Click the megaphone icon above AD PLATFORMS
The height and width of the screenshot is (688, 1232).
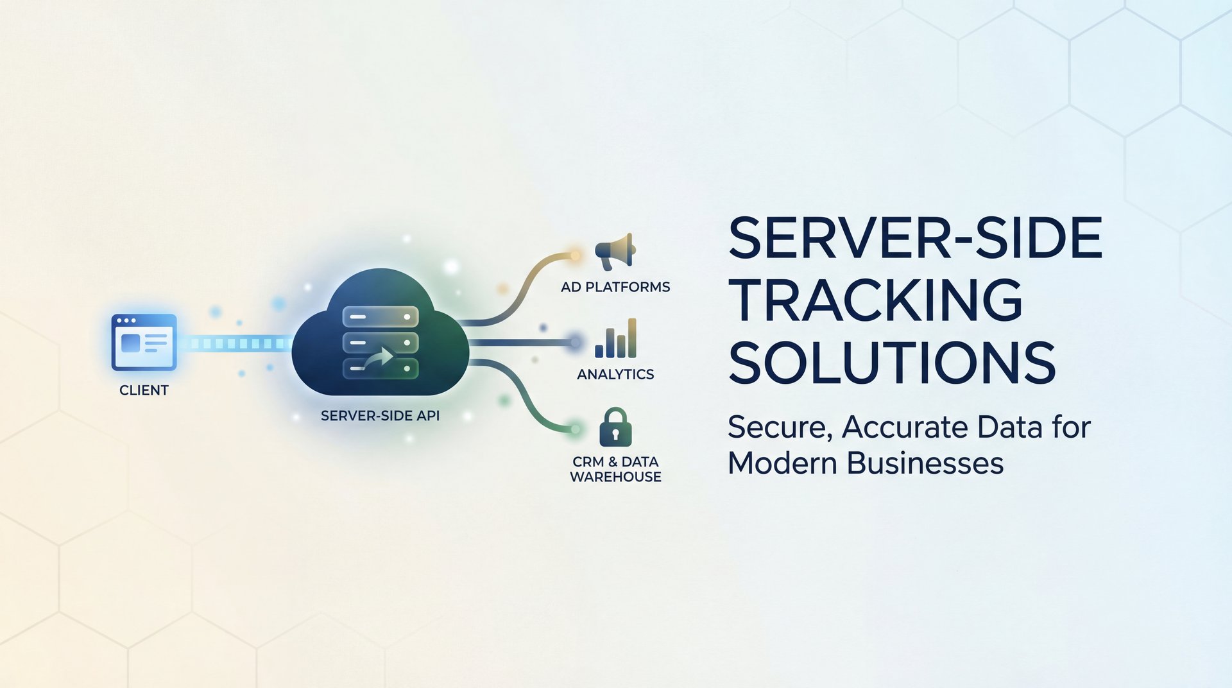tap(615, 251)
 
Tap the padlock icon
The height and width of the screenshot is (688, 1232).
tap(615, 427)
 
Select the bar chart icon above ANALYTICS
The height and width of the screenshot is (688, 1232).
tap(615, 338)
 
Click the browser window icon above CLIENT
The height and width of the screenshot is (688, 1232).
tap(144, 342)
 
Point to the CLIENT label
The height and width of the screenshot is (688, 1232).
tap(144, 390)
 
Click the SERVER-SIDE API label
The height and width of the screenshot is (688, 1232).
tap(380, 416)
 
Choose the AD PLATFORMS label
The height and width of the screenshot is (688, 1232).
tap(615, 287)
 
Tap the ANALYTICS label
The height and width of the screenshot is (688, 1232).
tap(615, 374)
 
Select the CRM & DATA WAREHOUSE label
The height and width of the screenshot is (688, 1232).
tap(615, 469)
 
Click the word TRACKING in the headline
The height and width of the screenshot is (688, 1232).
tap(875, 300)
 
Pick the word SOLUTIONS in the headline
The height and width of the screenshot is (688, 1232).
tap(892, 363)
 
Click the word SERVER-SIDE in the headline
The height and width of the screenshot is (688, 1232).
tap(915, 238)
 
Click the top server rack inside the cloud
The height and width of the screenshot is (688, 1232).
tap(381, 316)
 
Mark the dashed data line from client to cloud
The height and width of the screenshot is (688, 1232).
tap(234, 343)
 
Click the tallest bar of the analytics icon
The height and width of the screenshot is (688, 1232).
tap(632, 338)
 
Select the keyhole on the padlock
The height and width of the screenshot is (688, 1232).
tap(615, 435)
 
